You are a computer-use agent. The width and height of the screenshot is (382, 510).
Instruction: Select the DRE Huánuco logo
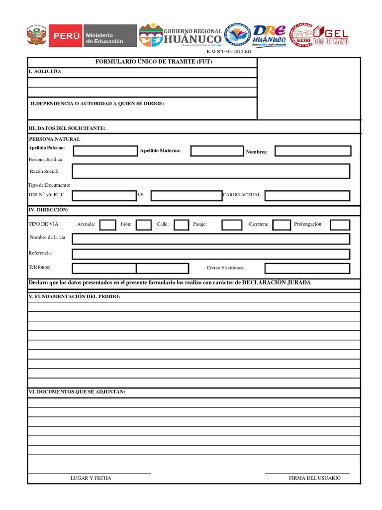tap(269, 35)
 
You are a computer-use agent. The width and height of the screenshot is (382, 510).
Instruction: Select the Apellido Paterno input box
tap(105, 151)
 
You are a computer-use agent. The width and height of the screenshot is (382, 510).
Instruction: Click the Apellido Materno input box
tap(217, 151)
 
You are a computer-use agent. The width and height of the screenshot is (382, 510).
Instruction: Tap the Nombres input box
tap(313, 151)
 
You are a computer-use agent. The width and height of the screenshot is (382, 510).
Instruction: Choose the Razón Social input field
tap(211, 171)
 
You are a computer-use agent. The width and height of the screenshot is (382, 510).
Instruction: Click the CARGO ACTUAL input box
tap(307, 195)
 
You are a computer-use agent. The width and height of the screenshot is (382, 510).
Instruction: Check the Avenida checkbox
tap(108, 225)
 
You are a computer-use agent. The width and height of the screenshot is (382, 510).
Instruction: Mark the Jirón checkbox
tap(144, 225)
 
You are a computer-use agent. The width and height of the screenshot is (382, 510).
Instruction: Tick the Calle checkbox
tap(182, 225)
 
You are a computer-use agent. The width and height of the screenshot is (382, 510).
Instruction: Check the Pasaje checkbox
tap(232, 225)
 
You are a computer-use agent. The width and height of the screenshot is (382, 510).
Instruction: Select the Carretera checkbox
tap(282, 225)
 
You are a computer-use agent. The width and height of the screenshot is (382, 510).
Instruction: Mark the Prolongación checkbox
tap(340, 225)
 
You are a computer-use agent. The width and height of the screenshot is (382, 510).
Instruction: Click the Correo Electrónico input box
tap(307, 268)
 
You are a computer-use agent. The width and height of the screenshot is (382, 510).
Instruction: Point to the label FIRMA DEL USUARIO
tap(315, 478)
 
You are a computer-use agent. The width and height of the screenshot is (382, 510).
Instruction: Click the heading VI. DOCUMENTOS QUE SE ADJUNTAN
tap(77, 392)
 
